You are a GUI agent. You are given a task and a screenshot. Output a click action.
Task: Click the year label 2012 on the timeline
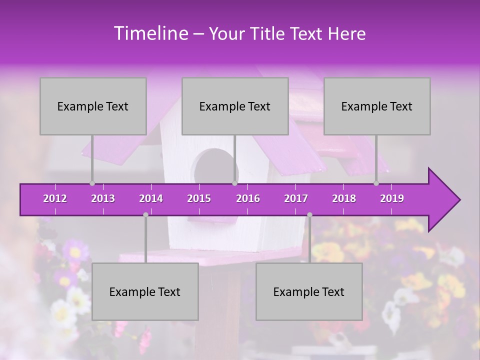click(x=55, y=198)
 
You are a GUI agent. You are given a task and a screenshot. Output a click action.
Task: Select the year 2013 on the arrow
click(x=103, y=198)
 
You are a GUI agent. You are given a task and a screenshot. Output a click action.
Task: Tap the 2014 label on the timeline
click(x=151, y=198)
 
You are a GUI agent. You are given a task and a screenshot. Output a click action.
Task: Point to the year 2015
click(x=199, y=198)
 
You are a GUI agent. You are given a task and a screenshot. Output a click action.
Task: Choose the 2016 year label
click(x=248, y=198)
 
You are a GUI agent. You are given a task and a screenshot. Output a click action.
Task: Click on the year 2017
click(x=296, y=198)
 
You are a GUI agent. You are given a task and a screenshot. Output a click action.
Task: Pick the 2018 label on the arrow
click(x=344, y=198)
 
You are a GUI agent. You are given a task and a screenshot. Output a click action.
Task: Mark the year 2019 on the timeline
click(x=392, y=198)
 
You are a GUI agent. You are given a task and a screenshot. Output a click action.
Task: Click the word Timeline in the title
click(x=150, y=33)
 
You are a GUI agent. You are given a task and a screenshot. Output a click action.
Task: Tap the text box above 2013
click(x=93, y=106)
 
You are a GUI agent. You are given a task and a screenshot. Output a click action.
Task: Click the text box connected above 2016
click(x=235, y=106)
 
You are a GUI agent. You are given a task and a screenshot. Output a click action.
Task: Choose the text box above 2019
click(x=377, y=106)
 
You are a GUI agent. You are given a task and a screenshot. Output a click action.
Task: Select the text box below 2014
click(x=145, y=291)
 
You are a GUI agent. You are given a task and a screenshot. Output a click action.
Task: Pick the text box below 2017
click(x=309, y=291)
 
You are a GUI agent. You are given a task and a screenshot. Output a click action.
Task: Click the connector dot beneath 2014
click(x=145, y=215)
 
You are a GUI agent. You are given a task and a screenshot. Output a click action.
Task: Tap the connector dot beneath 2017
click(x=309, y=215)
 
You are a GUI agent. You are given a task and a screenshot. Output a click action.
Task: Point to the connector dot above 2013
click(x=92, y=183)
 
